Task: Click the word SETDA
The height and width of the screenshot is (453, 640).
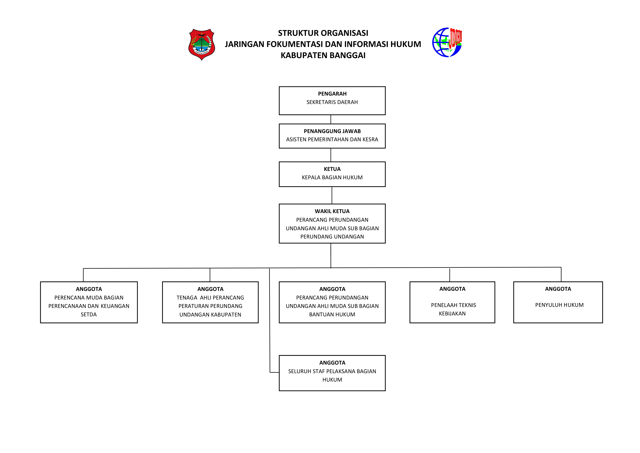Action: coord(89,315)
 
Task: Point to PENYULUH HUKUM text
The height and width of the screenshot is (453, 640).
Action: coord(559,305)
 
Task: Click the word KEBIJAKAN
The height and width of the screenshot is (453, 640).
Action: coord(452,314)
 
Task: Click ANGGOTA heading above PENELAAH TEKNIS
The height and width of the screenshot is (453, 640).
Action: coord(452,289)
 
